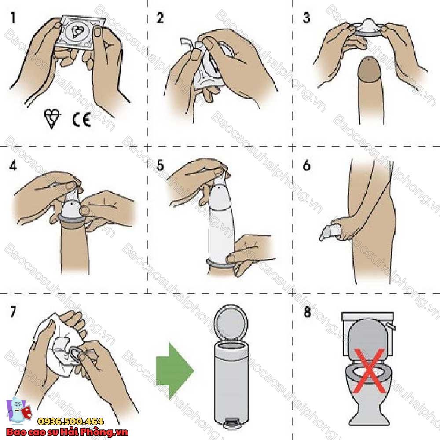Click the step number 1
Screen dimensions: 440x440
[x=12, y=18]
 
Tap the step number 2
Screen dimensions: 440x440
[x=160, y=18]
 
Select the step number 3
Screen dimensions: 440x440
[x=306, y=18]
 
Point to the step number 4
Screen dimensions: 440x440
[x=13, y=165]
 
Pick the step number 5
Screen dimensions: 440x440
[x=160, y=165]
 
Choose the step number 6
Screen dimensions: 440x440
[x=307, y=165]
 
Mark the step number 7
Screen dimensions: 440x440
[x=13, y=312]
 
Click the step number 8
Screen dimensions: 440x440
[x=308, y=312]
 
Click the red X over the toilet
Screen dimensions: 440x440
[x=369, y=370]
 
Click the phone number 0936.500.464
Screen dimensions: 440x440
[x=70, y=422]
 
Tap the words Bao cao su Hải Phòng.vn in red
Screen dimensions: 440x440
[x=67, y=432]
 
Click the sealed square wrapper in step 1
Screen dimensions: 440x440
[x=79, y=32]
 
